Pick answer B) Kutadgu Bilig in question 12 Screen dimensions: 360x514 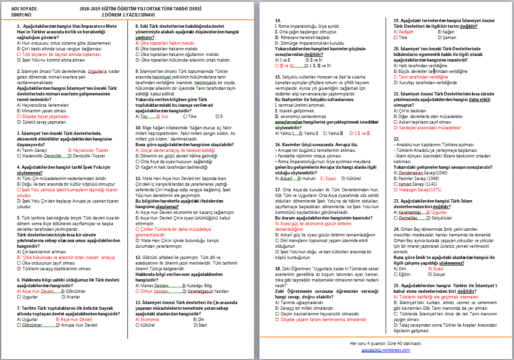click(x=198, y=285)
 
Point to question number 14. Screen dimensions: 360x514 click(x=278, y=20)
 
